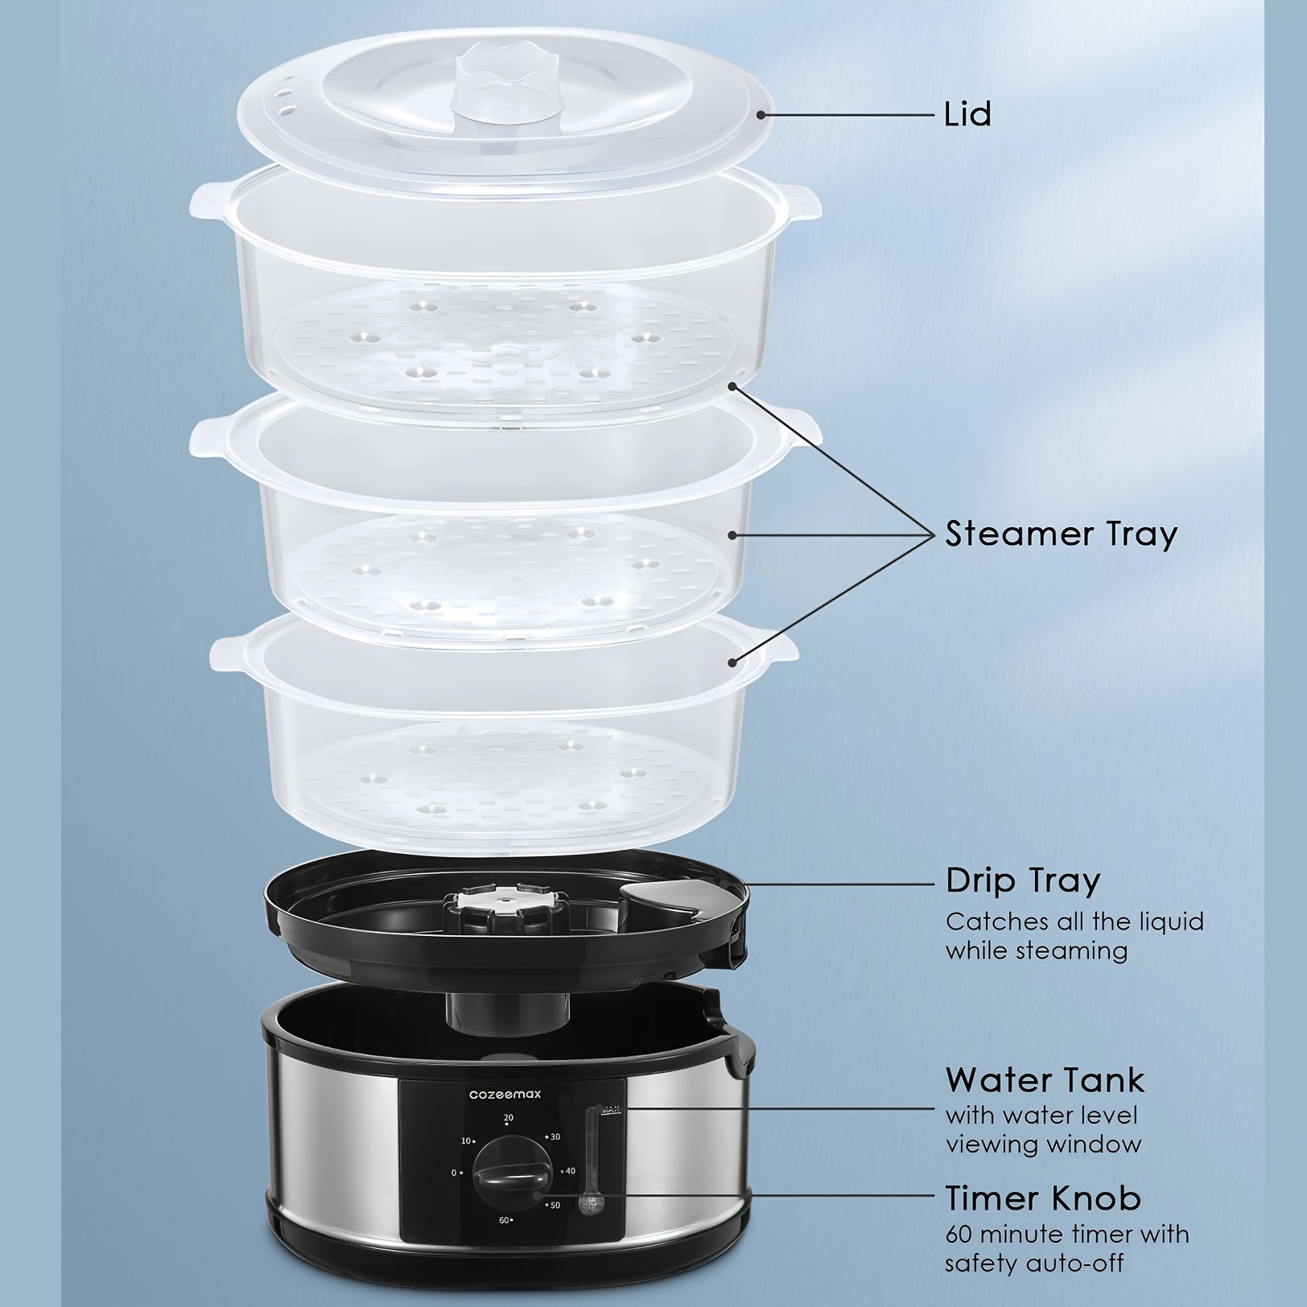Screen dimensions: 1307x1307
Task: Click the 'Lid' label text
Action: tap(967, 113)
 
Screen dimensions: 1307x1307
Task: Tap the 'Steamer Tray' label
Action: tap(1061, 534)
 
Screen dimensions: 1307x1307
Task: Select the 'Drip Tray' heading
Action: tap(1023, 880)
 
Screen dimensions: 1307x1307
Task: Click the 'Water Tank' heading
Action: tap(1045, 1079)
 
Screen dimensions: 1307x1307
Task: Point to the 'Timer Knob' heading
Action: tap(1043, 1198)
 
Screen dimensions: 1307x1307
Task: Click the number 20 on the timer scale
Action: tap(508, 1118)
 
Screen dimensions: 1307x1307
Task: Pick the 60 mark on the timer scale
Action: tap(504, 1243)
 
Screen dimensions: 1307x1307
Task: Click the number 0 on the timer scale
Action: tap(455, 1173)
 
